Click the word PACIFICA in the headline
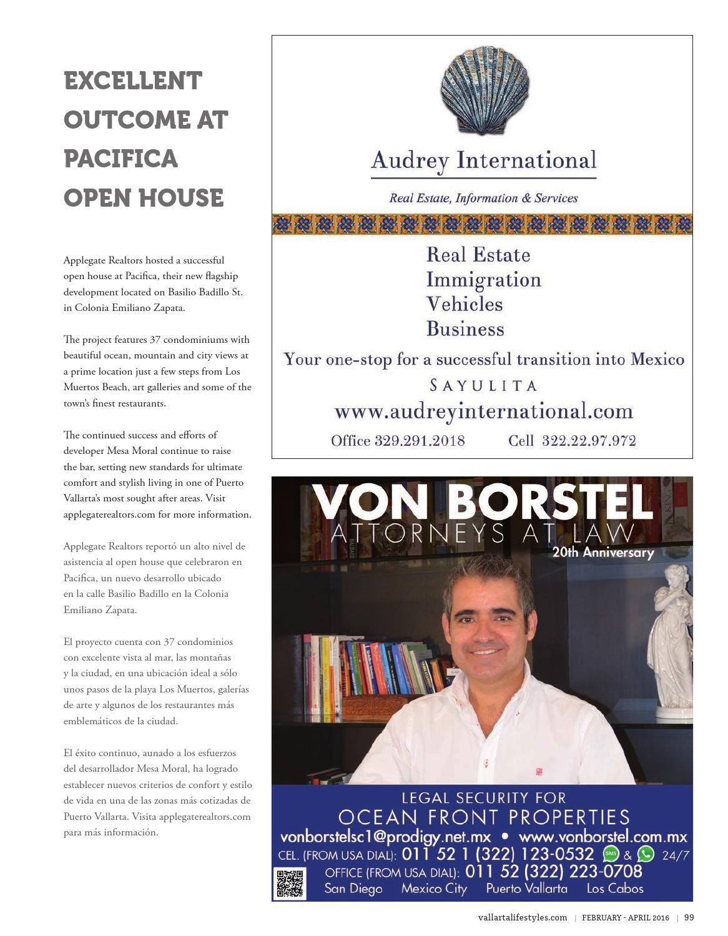tap(121, 159)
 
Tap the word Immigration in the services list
tap(483, 280)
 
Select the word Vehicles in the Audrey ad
tap(464, 304)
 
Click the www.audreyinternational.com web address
tap(483, 412)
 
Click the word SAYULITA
tap(483, 385)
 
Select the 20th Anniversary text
tap(603, 553)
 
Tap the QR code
tap(290, 884)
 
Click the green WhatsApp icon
tap(645, 854)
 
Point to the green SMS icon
tap(609, 854)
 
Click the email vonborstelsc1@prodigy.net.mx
tap(385, 837)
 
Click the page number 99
tap(689, 917)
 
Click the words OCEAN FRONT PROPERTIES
tap(484, 817)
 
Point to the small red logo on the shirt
tap(539, 772)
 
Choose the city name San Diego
tap(353, 889)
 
